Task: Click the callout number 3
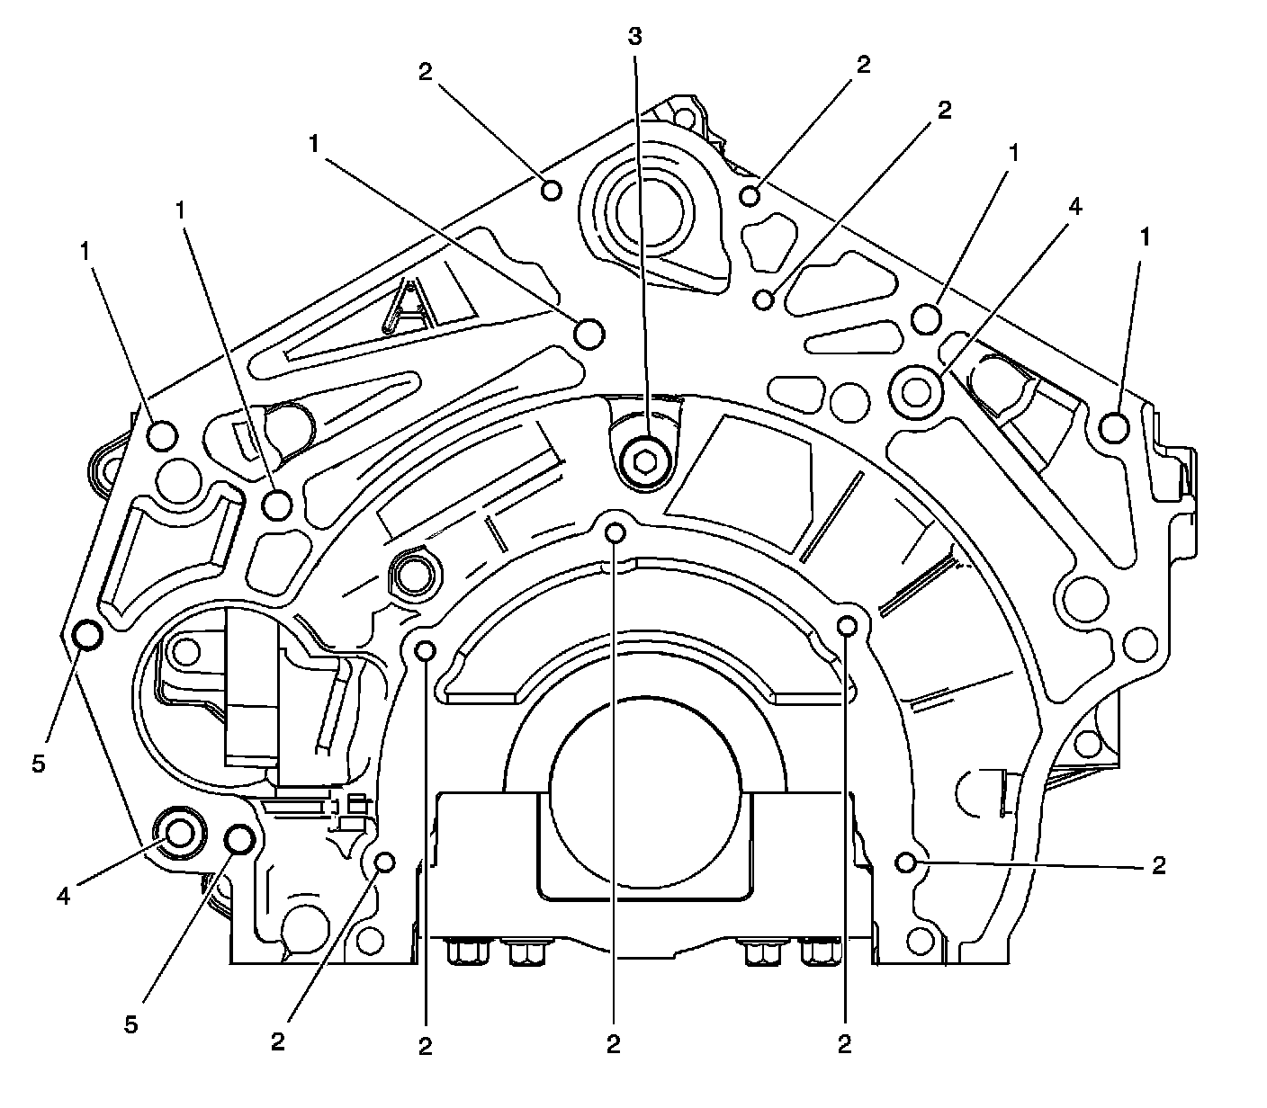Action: click(x=636, y=37)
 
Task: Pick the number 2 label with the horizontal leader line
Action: click(x=1159, y=865)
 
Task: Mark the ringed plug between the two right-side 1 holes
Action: click(x=916, y=390)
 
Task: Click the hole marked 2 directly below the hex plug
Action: click(x=616, y=532)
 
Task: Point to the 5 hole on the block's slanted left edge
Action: click(x=87, y=635)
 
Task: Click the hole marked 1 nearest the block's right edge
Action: click(x=1114, y=426)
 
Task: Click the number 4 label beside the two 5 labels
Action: click(x=62, y=896)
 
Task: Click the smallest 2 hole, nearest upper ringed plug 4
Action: click(x=764, y=299)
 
